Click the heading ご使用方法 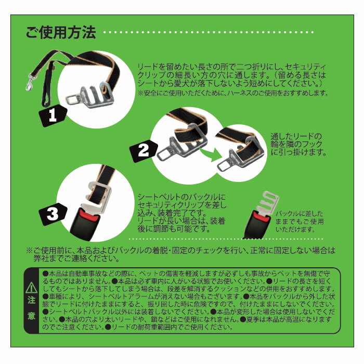coord(61,32)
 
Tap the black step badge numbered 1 coord(53,115)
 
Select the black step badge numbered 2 coord(144,150)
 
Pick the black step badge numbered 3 coord(53,214)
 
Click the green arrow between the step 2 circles coord(211,155)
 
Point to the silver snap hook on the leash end coord(30,82)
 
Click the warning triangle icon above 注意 coord(31,288)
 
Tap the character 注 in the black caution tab coord(32,300)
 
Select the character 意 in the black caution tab coord(32,316)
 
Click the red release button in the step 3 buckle coord(89,215)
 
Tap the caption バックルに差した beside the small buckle coord(299,213)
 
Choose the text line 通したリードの coord(296,136)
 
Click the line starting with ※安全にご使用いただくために coord(233,93)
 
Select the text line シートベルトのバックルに coord(181,197)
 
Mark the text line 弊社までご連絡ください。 coord(77,258)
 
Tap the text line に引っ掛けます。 coord(299,152)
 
